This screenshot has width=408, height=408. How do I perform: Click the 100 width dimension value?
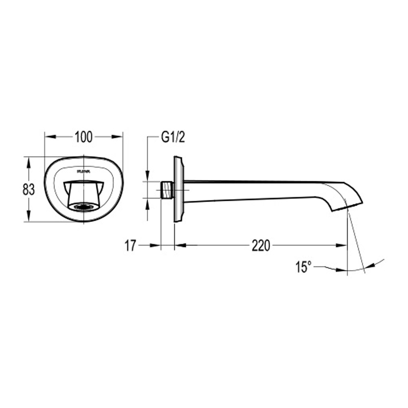click(x=83, y=137)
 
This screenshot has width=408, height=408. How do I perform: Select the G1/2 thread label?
click(x=173, y=138)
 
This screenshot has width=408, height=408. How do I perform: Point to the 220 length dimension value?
click(x=261, y=246)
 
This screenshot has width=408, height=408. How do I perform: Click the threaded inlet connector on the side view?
click(x=167, y=190)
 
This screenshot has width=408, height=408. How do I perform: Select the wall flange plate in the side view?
click(x=179, y=189)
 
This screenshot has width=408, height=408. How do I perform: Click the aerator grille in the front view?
click(x=84, y=206)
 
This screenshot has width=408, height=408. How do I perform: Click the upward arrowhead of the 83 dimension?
click(x=29, y=162)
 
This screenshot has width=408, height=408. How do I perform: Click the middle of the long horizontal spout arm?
click(x=261, y=191)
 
